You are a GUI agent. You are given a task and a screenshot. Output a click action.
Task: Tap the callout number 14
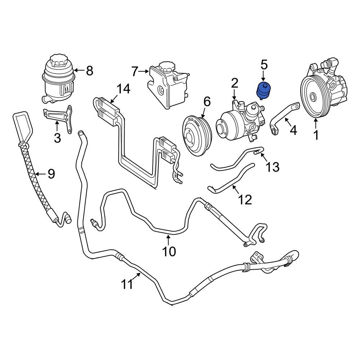(123, 89)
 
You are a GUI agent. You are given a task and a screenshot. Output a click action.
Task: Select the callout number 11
(127, 284)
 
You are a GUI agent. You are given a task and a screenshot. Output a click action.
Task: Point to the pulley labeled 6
(196, 136)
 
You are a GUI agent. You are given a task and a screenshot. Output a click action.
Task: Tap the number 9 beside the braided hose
(51, 174)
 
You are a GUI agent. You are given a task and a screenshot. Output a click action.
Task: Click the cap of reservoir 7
(166, 67)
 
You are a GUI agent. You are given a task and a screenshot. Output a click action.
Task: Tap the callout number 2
(234, 84)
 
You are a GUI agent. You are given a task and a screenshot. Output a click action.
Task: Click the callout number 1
(316, 135)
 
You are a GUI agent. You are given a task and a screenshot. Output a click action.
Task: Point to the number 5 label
(264, 65)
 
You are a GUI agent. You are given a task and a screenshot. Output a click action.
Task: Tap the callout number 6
(207, 102)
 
